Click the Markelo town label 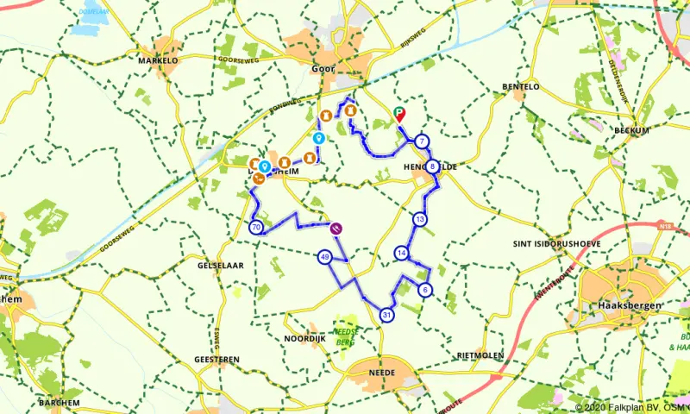click(158, 61)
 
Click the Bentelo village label click(521, 87)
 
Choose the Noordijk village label click(304, 339)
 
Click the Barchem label click(60, 403)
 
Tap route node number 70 click(255, 227)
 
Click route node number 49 click(324, 257)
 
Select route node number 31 click(386, 315)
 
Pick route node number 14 click(402, 253)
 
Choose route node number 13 click(419, 219)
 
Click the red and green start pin click(399, 114)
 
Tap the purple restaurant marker click(336, 229)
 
